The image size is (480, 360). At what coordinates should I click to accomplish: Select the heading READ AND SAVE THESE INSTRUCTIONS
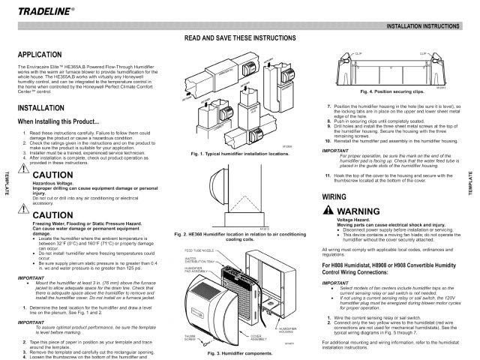coord(239,37)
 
